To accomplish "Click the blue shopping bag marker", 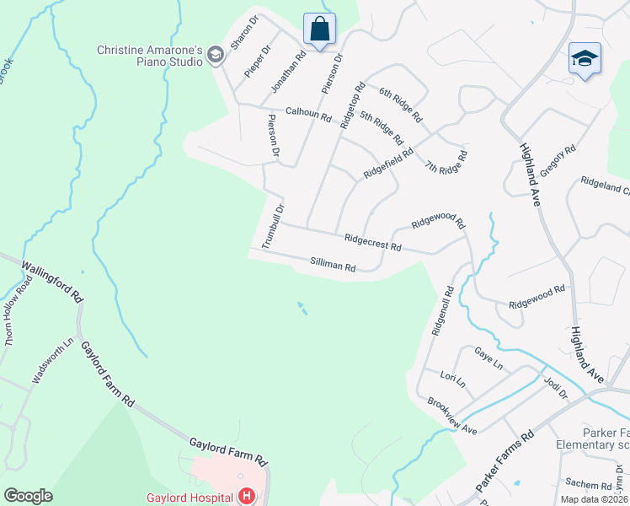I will pyautogui.click(x=319, y=29).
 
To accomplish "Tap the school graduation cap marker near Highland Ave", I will pyautogui.click(x=585, y=58).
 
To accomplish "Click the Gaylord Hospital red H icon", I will pyautogui.click(x=247, y=496).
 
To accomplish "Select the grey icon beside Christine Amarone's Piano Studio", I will pyautogui.click(x=216, y=56).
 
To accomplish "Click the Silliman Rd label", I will pyautogui.click(x=333, y=266).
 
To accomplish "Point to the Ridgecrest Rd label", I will pyautogui.click(x=372, y=243).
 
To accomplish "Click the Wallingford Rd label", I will pyautogui.click(x=52, y=282).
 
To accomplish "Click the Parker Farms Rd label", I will pyautogui.click(x=505, y=462).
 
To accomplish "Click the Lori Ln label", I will pyautogui.click(x=453, y=379).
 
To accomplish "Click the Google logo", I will pyautogui.click(x=28, y=495).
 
